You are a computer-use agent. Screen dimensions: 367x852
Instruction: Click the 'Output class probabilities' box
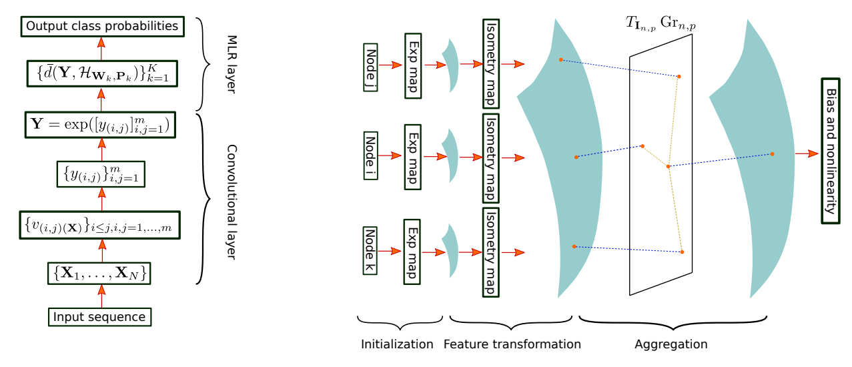tap(101, 27)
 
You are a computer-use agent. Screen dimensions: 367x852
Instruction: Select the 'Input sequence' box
tap(100, 316)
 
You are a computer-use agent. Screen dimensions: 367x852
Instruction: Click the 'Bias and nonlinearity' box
tap(830, 152)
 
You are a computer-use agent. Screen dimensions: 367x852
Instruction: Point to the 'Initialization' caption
tap(397, 344)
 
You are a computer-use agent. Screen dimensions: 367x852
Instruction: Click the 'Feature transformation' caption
tap(512, 344)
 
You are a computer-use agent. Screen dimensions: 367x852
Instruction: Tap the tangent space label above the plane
tap(661, 23)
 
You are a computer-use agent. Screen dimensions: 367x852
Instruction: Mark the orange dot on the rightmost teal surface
tap(772, 154)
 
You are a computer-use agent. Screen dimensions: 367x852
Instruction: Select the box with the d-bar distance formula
tap(101, 73)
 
